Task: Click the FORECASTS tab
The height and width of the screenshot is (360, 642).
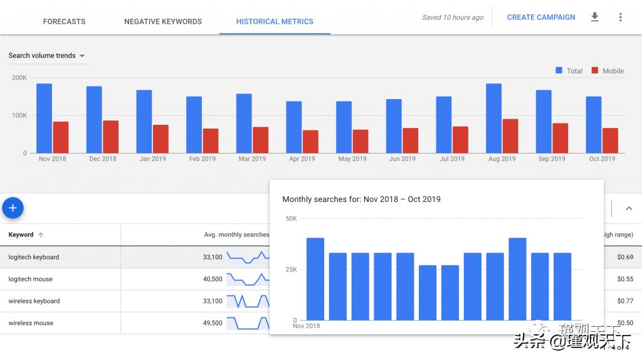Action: click(64, 21)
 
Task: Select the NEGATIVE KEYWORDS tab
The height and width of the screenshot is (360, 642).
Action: click(163, 21)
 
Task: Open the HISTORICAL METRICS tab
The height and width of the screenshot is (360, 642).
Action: click(275, 21)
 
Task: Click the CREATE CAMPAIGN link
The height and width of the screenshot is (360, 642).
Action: click(541, 18)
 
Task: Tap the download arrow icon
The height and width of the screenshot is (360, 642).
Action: click(595, 18)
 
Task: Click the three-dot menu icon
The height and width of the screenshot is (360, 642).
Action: click(621, 18)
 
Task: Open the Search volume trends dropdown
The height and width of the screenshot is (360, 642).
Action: click(47, 56)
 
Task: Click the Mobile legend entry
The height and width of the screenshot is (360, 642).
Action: click(607, 71)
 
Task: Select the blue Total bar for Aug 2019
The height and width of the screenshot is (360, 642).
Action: click(493, 118)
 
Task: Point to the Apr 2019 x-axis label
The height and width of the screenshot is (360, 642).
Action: click(302, 159)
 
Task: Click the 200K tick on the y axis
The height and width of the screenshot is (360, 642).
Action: click(19, 78)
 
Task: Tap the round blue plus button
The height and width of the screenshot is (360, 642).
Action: click(13, 208)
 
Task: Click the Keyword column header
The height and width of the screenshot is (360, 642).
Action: click(21, 235)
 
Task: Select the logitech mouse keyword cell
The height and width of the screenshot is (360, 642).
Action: click(31, 279)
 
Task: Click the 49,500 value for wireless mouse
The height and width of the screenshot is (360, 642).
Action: click(213, 323)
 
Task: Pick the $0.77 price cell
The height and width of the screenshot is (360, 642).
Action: click(625, 301)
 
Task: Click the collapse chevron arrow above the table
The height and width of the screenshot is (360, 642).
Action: click(629, 209)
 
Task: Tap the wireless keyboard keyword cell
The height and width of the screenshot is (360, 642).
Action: click(34, 301)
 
